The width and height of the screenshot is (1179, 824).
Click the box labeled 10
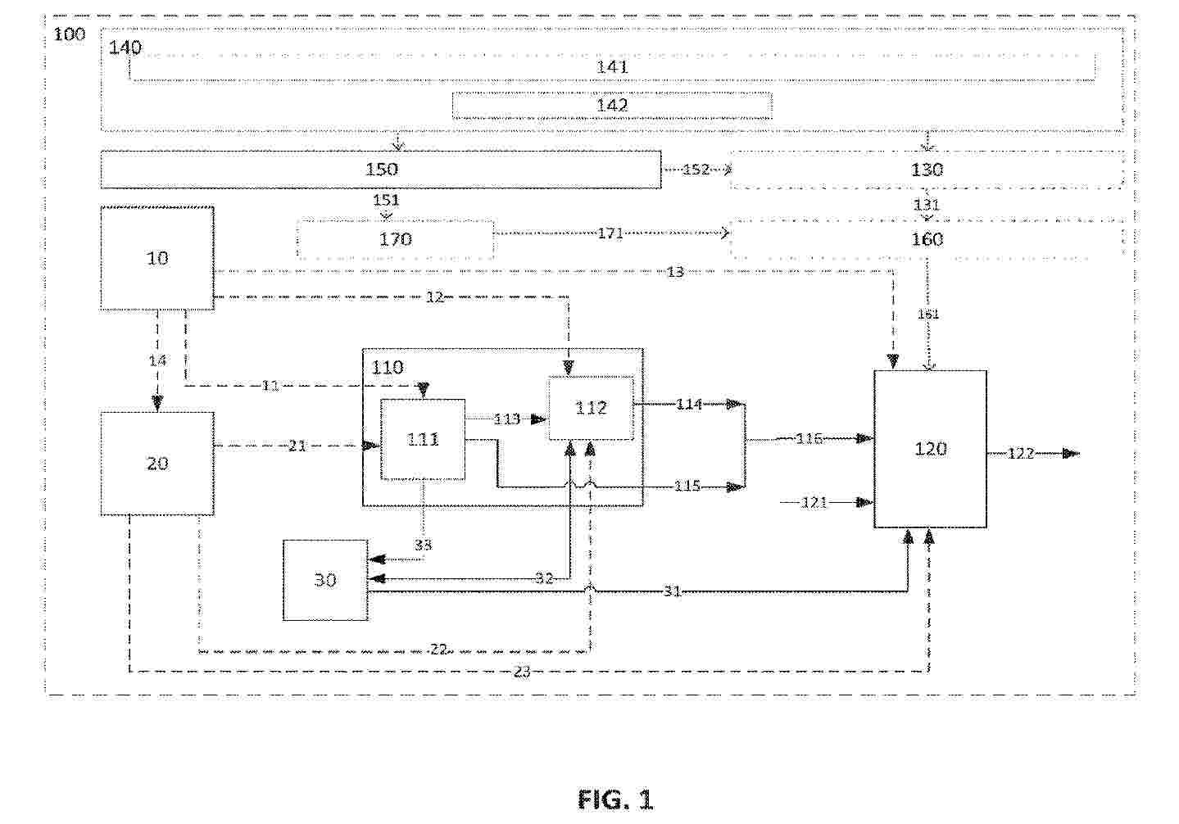click(x=157, y=258)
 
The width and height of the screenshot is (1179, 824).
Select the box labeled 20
click(x=157, y=464)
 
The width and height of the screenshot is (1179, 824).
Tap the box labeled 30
click(x=325, y=580)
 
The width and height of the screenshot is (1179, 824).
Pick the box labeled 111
click(x=423, y=439)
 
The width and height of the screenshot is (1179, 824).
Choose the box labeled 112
click(x=591, y=408)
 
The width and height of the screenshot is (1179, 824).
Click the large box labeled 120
click(x=930, y=449)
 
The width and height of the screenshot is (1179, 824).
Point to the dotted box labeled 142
click(x=612, y=106)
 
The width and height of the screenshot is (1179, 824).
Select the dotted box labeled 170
click(x=395, y=239)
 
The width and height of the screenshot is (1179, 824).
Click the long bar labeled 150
click(x=381, y=170)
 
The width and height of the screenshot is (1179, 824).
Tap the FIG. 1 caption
click(x=615, y=799)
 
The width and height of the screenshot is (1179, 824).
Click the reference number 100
click(x=70, y=34)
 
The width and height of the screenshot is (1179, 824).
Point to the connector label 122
click(x=1021, y=453)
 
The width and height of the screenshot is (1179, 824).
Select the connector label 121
click(x=814, y=502)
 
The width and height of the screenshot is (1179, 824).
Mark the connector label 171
click(x=610, y=233)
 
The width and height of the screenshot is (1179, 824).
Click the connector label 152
click(x=696, y=170)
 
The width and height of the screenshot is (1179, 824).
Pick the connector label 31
click(x=672, y=591)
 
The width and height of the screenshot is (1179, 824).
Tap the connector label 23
click(x=522, y=672)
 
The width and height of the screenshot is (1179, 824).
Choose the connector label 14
click(x=157, y=360)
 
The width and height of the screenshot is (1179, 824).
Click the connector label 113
click(x=506, y=419)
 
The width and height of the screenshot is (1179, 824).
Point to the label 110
click(x=388, y=367)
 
